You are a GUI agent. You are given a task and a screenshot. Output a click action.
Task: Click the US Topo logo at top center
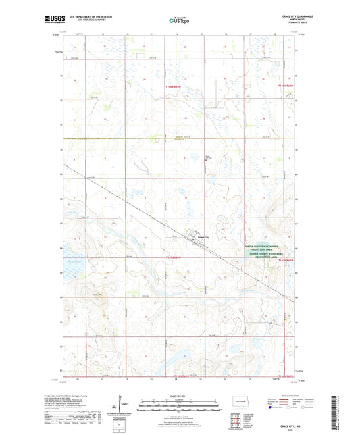pos(179,21)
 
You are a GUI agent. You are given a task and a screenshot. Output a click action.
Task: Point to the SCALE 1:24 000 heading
pos(180,395)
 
